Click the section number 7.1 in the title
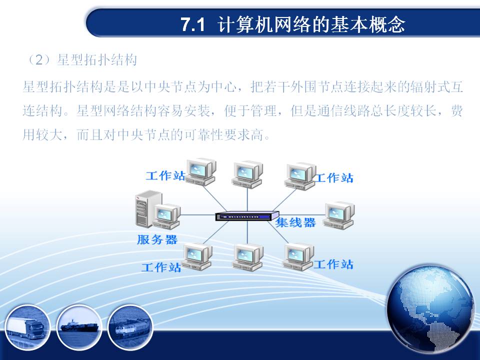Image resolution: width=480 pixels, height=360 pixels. [192, 24]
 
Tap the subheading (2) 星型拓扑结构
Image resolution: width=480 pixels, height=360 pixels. [81, 59]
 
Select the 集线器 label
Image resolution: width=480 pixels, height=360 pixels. [295, 222]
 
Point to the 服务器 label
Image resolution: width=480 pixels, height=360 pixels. [157, 239]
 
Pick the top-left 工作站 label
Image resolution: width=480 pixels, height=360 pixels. [165, 175]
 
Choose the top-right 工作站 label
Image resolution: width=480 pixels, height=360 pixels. [334, 178]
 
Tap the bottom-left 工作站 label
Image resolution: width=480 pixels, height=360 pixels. [161, 267]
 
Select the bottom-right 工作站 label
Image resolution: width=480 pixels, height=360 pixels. [333, 264]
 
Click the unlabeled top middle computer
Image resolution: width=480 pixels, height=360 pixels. [247, 175]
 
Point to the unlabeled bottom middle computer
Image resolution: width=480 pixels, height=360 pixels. [248, 257]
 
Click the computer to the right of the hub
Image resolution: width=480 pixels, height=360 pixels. [338, 215]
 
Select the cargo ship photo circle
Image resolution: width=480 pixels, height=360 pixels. [79, 327]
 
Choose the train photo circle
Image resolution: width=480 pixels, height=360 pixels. [130, 327]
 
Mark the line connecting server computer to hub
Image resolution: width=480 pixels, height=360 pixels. [198, 214]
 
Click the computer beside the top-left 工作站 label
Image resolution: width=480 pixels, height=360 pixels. [201, 172]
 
